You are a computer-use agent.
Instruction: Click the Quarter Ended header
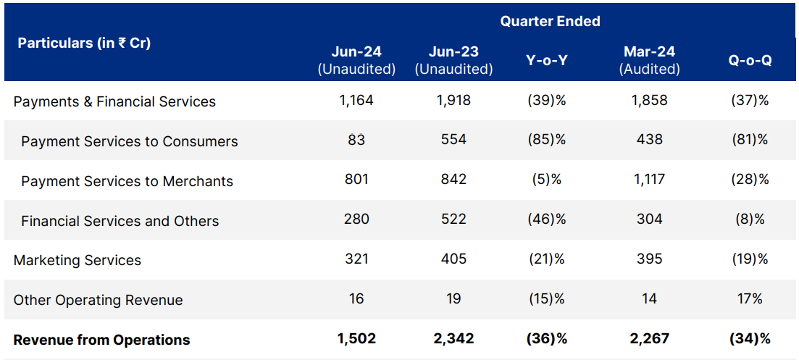(x=550, y=22)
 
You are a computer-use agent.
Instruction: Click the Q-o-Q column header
(x=750, y=61)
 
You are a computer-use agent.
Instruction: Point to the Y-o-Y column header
(x=546, y=61)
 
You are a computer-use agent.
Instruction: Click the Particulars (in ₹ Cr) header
(x=84, y=43)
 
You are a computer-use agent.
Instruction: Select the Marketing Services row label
(x=78, y=260)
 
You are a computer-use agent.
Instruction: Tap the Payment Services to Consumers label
(x=130, y=141)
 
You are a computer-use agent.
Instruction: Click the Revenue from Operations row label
(x=102, y=340)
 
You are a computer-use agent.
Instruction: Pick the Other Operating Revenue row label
(x=99, y=300)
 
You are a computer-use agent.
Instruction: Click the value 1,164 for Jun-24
(x=356, y=101)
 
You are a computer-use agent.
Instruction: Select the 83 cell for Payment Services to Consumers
(x=356, y=141)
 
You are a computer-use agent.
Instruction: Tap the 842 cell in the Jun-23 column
(x=453, y=180)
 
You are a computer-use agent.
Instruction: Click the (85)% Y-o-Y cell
(x=546, y=141)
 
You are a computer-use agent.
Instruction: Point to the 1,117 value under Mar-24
(x=649, y=180)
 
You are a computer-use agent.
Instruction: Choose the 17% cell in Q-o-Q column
(x=750, y=298)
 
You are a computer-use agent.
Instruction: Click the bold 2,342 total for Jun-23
(x=453, y=338)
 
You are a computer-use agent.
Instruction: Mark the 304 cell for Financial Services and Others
(x=649, y=219)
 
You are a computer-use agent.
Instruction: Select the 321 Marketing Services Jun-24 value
(x=356, y=259)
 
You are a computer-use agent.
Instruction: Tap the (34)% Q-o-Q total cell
(x=750, y=338)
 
